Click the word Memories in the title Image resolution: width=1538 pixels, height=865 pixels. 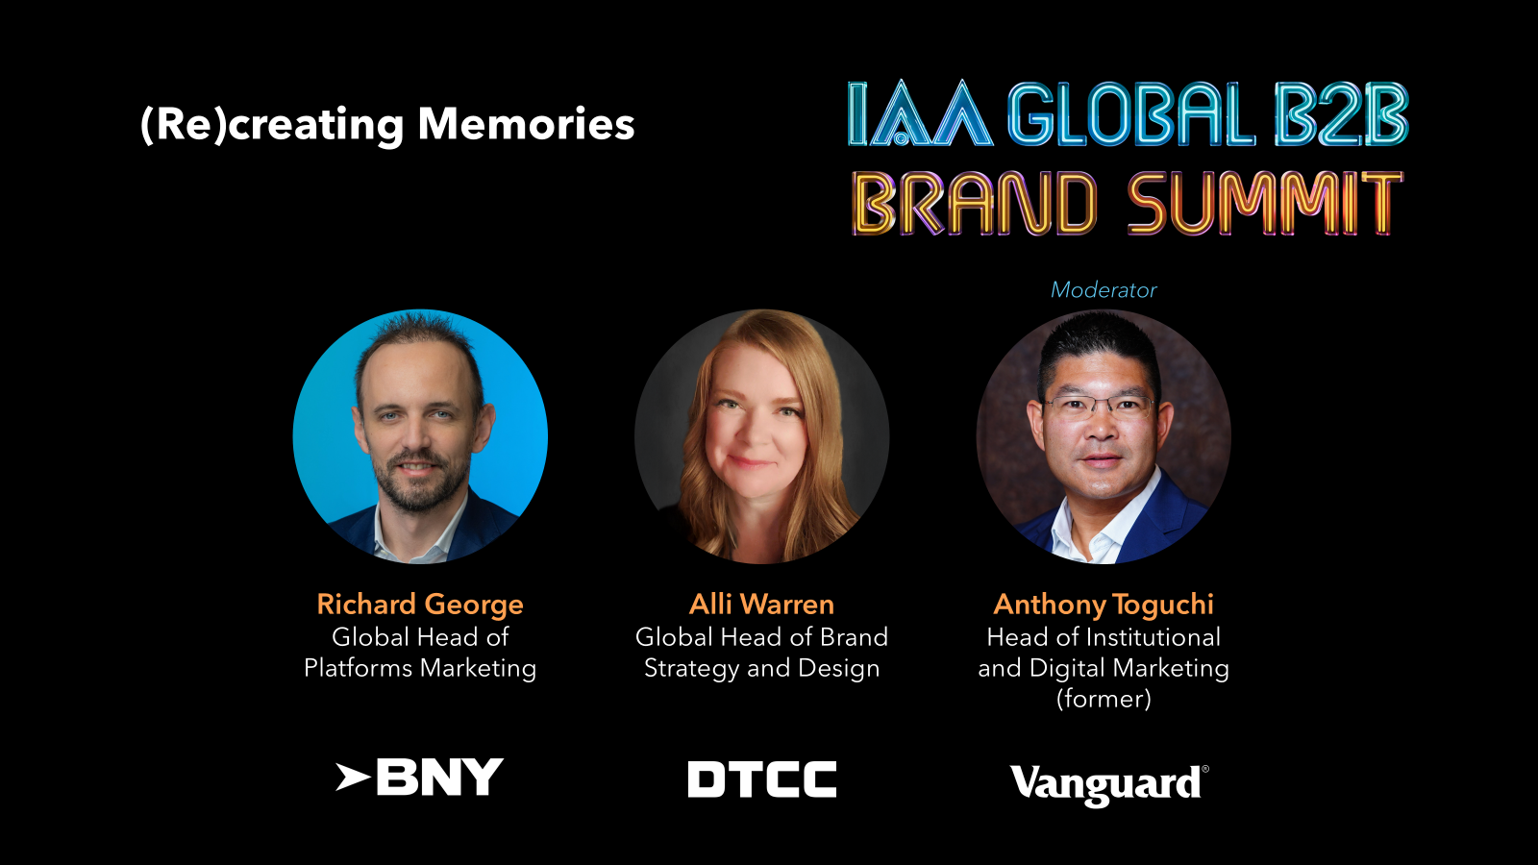click(526, 124)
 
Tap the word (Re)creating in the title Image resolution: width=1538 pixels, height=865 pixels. click(272, 126)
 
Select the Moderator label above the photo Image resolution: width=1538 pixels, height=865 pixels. click(1104, 289)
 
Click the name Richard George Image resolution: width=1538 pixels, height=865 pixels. click(420, 605)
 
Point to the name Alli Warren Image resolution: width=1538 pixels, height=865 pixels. click(761, 605)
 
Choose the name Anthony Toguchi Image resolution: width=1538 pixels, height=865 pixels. click(1104, 605)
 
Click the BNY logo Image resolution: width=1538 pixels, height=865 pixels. click(419, 778)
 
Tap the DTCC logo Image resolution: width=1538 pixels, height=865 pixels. click(762, 779)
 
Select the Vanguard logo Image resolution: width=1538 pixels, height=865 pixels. click(1109, 785)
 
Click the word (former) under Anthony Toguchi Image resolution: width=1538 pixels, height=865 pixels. click(1104, 699)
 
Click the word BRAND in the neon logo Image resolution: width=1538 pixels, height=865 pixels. click(975, 203)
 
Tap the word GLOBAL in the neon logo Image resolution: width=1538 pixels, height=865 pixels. click(1130, 114)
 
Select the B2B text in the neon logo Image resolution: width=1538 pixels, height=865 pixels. click(1341, 114)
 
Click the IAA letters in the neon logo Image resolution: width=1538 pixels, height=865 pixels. click(920, 114)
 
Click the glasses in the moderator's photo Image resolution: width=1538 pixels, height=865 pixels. click(1099, 408)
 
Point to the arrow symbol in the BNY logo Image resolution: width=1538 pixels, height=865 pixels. click(352, 778)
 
